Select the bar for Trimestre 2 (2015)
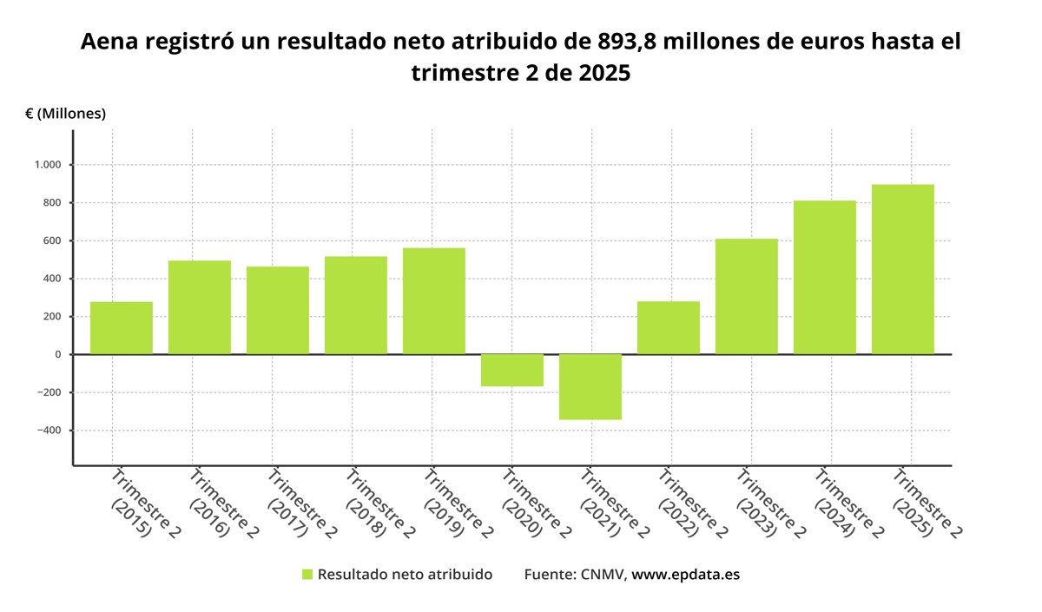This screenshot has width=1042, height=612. click(x=122, y=328)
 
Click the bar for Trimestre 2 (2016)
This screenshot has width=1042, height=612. click(x=200, y=307)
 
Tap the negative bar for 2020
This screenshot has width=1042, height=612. click(x=512, y=370)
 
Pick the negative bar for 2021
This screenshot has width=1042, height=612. click(x=590, y=386)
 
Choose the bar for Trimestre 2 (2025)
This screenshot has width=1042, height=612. click(x=903, y=269)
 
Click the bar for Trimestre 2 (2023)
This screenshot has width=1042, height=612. click(x=747, y=296)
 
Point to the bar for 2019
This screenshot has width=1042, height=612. click(x=434, y=301)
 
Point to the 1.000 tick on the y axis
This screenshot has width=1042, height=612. click(x=47, y=165)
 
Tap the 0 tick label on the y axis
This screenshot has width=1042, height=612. click(x=57, y=354)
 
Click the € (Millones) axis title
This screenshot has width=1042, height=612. click(x=66, y=114)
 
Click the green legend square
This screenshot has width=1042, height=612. click(x=307, y=575)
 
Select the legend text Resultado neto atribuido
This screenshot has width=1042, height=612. click(x=405, y=575)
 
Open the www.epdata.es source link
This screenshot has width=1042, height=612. click(x=685, y=575)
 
